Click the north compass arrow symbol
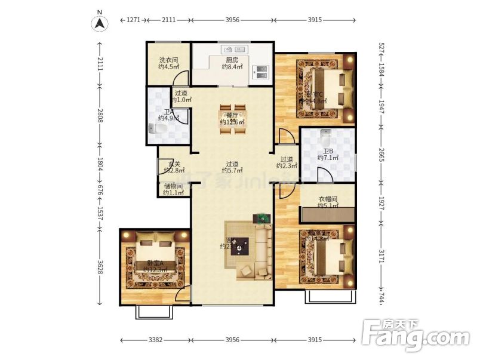pos(100,23)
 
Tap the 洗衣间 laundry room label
pos(168,63)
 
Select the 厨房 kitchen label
pos(232,63)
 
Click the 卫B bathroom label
pos(328,154)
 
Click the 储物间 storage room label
pos(173,189)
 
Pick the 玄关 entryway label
pos(174,167)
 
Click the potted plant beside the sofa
pos(261,218)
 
